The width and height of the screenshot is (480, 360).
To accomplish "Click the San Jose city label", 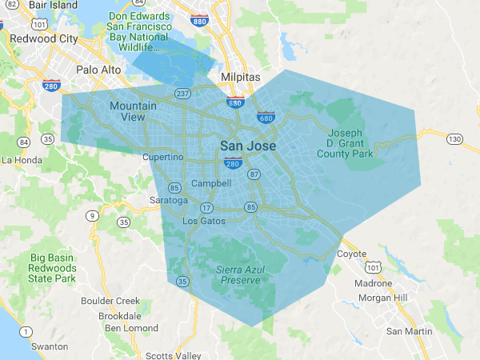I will click(248, 146).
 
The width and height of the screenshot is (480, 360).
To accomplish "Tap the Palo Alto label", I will click(98, 70).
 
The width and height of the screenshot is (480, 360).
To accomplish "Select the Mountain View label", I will click(128, 111).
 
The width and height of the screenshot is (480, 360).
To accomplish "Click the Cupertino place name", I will click(163, 158).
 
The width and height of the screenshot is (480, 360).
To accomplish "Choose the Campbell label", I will click(211, 183).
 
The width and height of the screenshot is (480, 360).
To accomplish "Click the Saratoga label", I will click(169, 200).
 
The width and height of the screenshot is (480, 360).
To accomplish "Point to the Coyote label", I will click(352, 254).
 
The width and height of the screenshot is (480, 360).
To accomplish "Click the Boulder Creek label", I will click(110, 301).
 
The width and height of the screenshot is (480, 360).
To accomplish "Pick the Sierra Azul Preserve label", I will click(239, 275).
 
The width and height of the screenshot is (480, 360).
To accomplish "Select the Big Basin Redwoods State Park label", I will click(53, 268).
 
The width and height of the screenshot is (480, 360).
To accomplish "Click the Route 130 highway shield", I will click(455, 139).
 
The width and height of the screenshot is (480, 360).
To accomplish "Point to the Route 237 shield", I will click(183, 93).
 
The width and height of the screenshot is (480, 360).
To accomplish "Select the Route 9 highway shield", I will click(94, 214).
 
